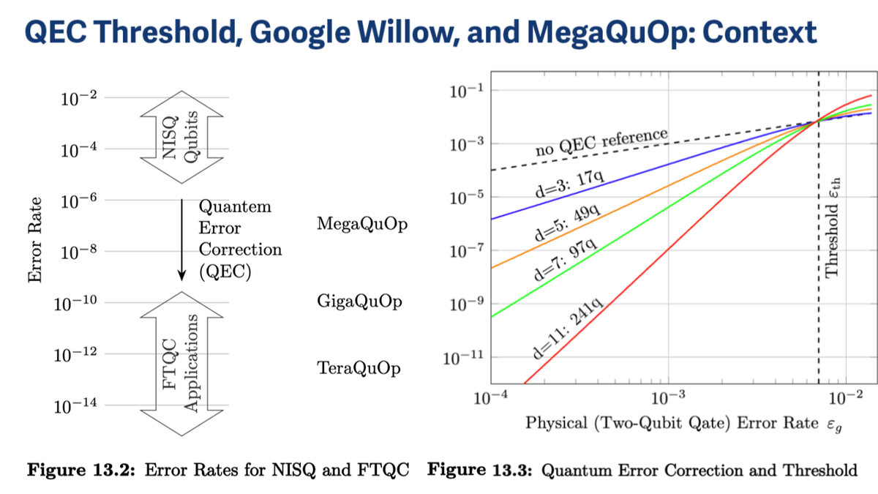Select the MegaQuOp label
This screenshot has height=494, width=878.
click(x=361, y=224)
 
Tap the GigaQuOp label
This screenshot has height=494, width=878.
click(x=359, y=302)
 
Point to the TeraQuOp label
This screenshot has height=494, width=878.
click(x=359, y=368)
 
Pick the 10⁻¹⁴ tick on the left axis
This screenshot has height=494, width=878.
click(x=76, y=406)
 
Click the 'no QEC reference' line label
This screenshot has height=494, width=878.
click(x=601, y=141)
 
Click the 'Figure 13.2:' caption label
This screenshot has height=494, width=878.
click(x=81, y=470)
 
